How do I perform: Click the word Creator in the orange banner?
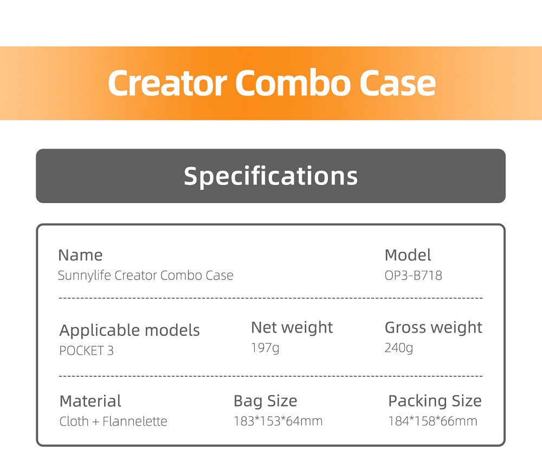click(x=167, y=83)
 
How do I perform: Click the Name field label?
click(x=80, y=256)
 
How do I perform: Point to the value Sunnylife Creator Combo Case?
click(x=145, y=276)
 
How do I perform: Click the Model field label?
click(x=408, y=255)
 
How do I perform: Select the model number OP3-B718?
click(x=414, y=276)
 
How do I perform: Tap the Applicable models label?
click(x=130, y=330)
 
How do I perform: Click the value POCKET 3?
click(x=86, y=351)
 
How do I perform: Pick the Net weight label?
click(x=292, y=327)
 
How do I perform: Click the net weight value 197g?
click(x=265, y=348)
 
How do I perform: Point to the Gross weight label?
click(x=434, y=327)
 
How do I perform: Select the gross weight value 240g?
click(x=399, y=348)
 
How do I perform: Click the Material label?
click(x=90, y=402)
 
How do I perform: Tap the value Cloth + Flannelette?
click(x=113, y=422)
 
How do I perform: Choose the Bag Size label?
click(x=266, y=402)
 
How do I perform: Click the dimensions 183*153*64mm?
click(x=278, y=421)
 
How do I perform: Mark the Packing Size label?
click(x=435, y=402)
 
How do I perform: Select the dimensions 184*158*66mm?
click(x=433, y=421)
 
